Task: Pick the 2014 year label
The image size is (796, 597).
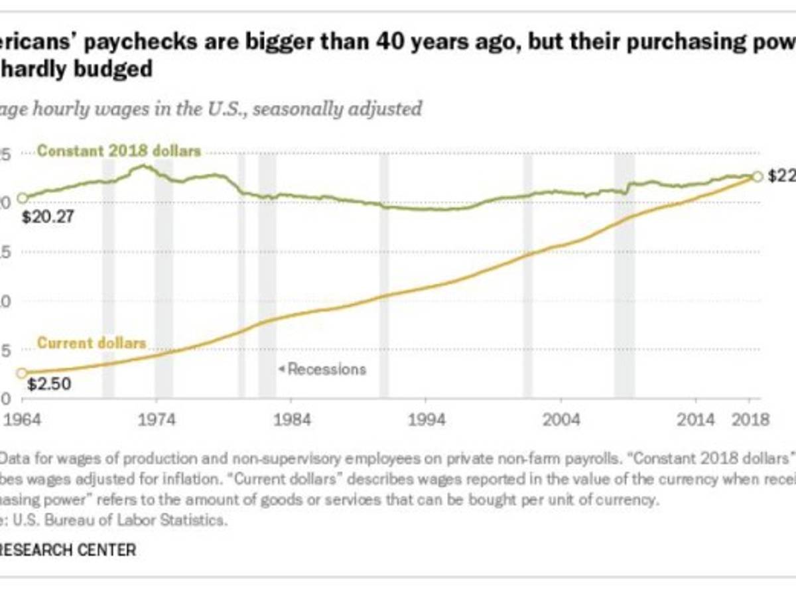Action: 695,420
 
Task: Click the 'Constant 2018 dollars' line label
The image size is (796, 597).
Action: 119,151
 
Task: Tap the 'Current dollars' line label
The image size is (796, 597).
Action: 92,343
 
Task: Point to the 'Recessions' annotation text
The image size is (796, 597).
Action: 326,369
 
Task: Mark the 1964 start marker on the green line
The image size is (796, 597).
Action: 22,198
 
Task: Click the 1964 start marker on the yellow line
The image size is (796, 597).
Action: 22,373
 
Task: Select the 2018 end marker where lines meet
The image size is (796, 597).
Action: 757,176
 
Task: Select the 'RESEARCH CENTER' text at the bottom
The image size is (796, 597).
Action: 69,550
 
